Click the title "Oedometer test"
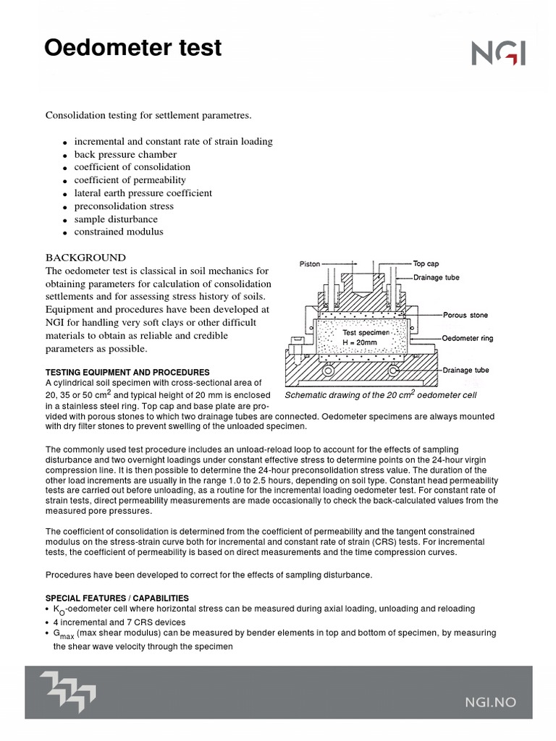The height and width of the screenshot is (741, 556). pos(132,48)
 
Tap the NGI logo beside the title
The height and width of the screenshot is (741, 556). pos(498,53)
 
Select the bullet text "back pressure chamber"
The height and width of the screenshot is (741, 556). pos(125,154)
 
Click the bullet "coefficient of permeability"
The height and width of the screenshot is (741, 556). pos(130,180)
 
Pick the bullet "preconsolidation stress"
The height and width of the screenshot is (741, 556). pos(123,206)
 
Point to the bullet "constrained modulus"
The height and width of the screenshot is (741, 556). pos(118,232)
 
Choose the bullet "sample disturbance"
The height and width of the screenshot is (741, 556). pos(115,219)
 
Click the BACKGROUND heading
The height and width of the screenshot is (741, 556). pos(85,258)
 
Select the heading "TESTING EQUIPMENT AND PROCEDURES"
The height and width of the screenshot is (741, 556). pos(127,372)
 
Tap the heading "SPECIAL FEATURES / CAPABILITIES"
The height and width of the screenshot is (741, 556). pos(117,598)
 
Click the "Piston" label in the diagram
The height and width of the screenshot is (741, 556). pos(310,264)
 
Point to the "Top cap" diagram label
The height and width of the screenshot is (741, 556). pos(426,264)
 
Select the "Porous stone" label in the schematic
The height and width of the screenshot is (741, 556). pos(466,315)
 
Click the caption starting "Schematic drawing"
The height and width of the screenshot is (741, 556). pos(380,395)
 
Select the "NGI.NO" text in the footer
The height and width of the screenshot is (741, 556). pos(495,700)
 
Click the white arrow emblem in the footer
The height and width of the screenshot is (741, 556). pos(68,692)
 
